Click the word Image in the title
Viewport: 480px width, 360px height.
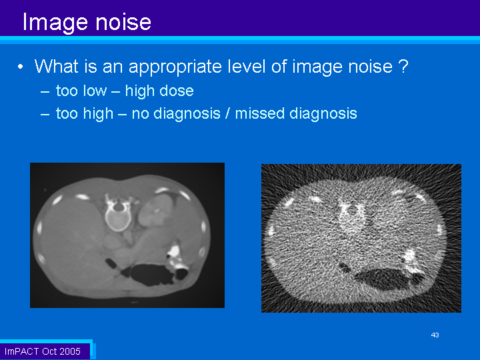click(x=56, y=23)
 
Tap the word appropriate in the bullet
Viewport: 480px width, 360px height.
click(x=175, y=67)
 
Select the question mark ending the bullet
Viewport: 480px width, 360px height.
click(x=404, y=65)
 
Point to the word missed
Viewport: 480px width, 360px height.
click(x=259, y=113)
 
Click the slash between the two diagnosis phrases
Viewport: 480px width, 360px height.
click(x=227, y=113)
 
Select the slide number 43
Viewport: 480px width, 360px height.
click(x=435, y=335)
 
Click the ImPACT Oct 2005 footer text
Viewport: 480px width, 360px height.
click(x=43, y=351)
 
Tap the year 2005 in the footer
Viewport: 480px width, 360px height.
click(x=70, y=351)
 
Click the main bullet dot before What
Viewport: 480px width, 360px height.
click(x=20, y=67)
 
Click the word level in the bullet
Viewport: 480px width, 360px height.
click(x=247, y=66)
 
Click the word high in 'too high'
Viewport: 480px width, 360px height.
click(x=98, y=113)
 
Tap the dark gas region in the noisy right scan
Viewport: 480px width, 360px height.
click(x=386, y=278)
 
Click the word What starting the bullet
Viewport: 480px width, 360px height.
click(x=56, y=66)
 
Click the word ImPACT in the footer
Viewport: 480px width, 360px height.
click(x=21, y=351)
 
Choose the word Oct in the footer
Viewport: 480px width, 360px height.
click(x=49, y=351)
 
